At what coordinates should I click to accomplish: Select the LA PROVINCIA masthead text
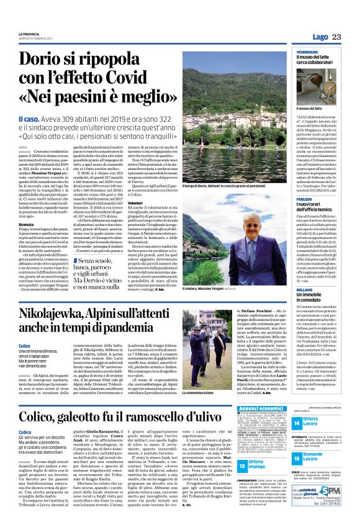(x=31, y=34)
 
